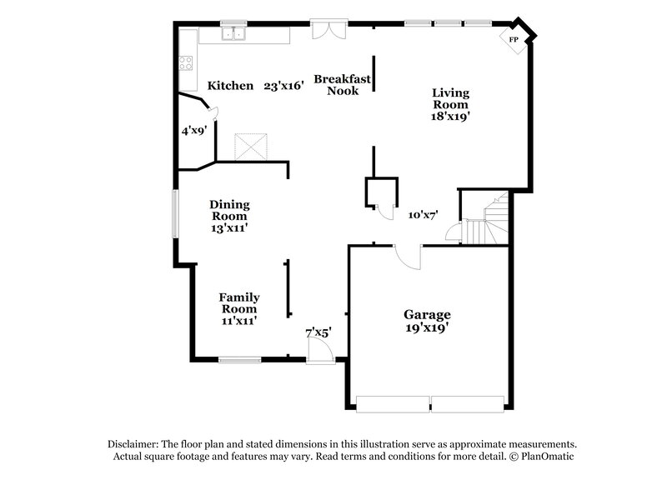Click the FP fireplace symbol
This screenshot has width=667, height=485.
(x=514, y=39)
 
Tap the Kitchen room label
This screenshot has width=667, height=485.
(x=230, y=85)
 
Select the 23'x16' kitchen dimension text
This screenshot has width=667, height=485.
(x=282, y=85)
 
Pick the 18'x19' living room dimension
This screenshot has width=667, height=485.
(x=451, y=117)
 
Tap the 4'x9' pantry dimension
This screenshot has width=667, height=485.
(x=194, y=130)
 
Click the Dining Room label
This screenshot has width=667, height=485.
(x=229, y=210)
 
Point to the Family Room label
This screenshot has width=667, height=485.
(x=238, y=303)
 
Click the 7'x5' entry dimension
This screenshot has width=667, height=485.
(x=318, y=332)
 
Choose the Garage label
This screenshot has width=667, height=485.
(x=427, y=314)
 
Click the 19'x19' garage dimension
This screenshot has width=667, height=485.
(x=427, y=327)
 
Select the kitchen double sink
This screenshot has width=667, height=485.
(x=234, y=35)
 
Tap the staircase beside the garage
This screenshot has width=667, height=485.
(x=488, y=218)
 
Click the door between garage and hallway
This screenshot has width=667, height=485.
(x=408, y=257)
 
